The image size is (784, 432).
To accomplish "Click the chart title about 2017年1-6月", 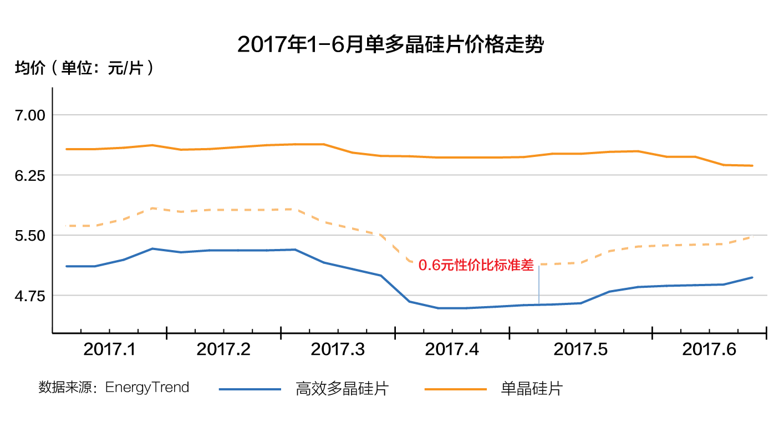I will click(390, 44).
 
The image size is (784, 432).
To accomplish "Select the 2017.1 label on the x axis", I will click(109, 350).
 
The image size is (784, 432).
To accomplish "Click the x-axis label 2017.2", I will click(223, 350).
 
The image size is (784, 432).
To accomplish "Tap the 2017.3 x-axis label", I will click(338, 350).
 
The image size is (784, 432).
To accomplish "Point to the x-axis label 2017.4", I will click(452, 350).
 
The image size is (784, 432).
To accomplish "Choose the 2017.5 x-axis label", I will click(581, 350).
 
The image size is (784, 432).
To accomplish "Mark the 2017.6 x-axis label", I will click(709, 350).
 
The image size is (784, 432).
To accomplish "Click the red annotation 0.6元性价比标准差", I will click(476, 266).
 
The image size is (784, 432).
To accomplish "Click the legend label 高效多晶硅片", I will click(342, 389).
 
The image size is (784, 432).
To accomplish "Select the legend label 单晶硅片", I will click(531, 389).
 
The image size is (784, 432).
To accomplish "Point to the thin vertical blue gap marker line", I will click(539, 285).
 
